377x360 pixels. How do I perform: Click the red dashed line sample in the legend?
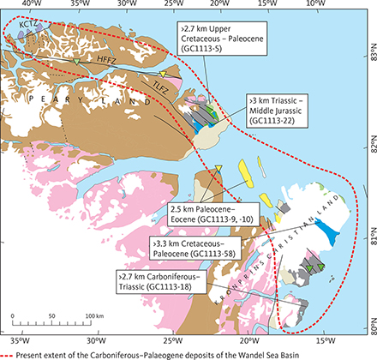click(15, 351)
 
